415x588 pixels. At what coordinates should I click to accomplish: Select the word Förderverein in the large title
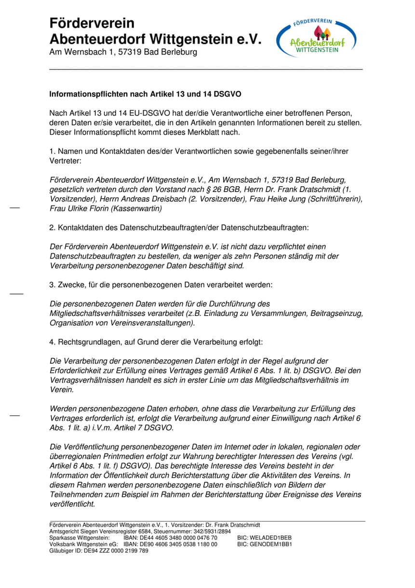(92, 23)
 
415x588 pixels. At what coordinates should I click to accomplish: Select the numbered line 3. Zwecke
(161, 285)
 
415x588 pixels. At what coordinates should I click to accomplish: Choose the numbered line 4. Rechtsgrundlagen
(156, 342)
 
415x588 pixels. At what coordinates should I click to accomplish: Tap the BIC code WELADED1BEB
(265, 537)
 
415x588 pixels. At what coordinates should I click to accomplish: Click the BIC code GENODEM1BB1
(265, 544)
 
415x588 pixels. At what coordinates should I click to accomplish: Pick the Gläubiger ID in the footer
(99, 550)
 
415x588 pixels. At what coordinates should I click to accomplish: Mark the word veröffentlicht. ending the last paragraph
(72, 504)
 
